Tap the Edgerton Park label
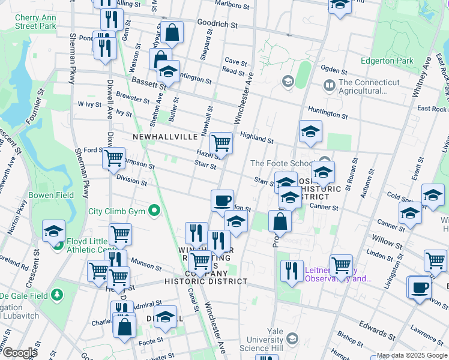click(387, 61)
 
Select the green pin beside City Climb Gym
click(154, 211)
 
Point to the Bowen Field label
click(53, 195)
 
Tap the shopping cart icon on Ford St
click(113, 158)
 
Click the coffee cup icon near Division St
click(222, 200)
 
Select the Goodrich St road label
click(219, 26)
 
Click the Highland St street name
click(257, 137)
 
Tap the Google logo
click(20, 353)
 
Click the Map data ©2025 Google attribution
click(411, 355)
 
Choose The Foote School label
click(281, 163)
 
